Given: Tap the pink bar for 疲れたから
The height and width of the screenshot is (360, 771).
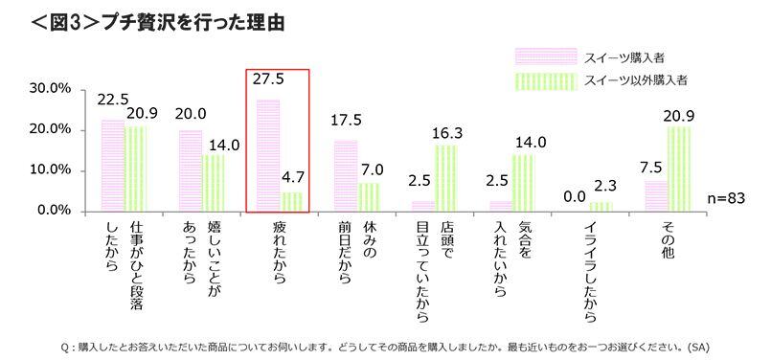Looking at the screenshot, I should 268,155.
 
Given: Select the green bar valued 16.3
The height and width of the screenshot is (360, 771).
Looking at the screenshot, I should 446,177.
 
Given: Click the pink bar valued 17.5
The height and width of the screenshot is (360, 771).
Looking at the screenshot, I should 346,175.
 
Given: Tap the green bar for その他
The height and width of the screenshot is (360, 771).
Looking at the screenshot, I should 680,169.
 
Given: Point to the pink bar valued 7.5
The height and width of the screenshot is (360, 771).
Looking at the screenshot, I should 656,195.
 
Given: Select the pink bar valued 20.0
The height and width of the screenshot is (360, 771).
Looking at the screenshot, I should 191,170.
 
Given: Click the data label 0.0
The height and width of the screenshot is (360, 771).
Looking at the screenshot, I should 578,196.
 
